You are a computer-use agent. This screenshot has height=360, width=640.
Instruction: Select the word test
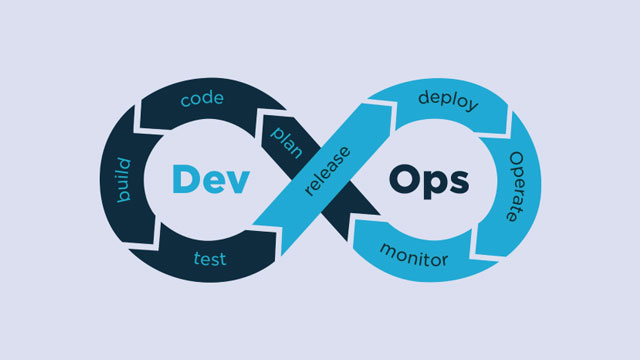[x=209, y=260]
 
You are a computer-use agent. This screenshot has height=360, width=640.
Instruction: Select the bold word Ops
[x=428, y=181]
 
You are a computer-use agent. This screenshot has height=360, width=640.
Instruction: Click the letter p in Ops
[x=432, y=186]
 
